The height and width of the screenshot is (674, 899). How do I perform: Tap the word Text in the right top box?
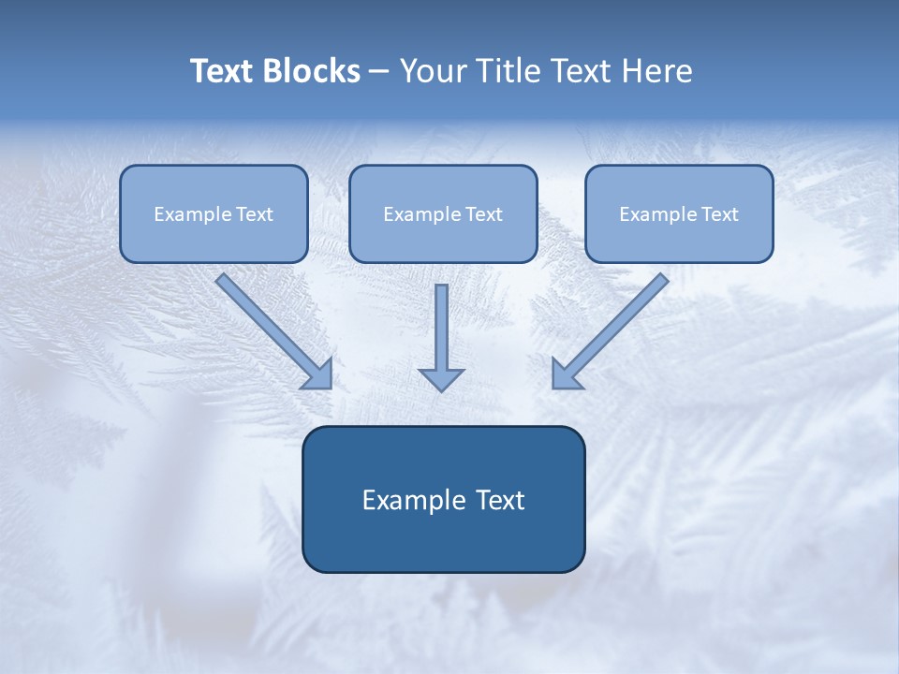click(720, 214)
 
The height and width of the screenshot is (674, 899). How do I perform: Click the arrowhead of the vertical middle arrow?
click(441, 379)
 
